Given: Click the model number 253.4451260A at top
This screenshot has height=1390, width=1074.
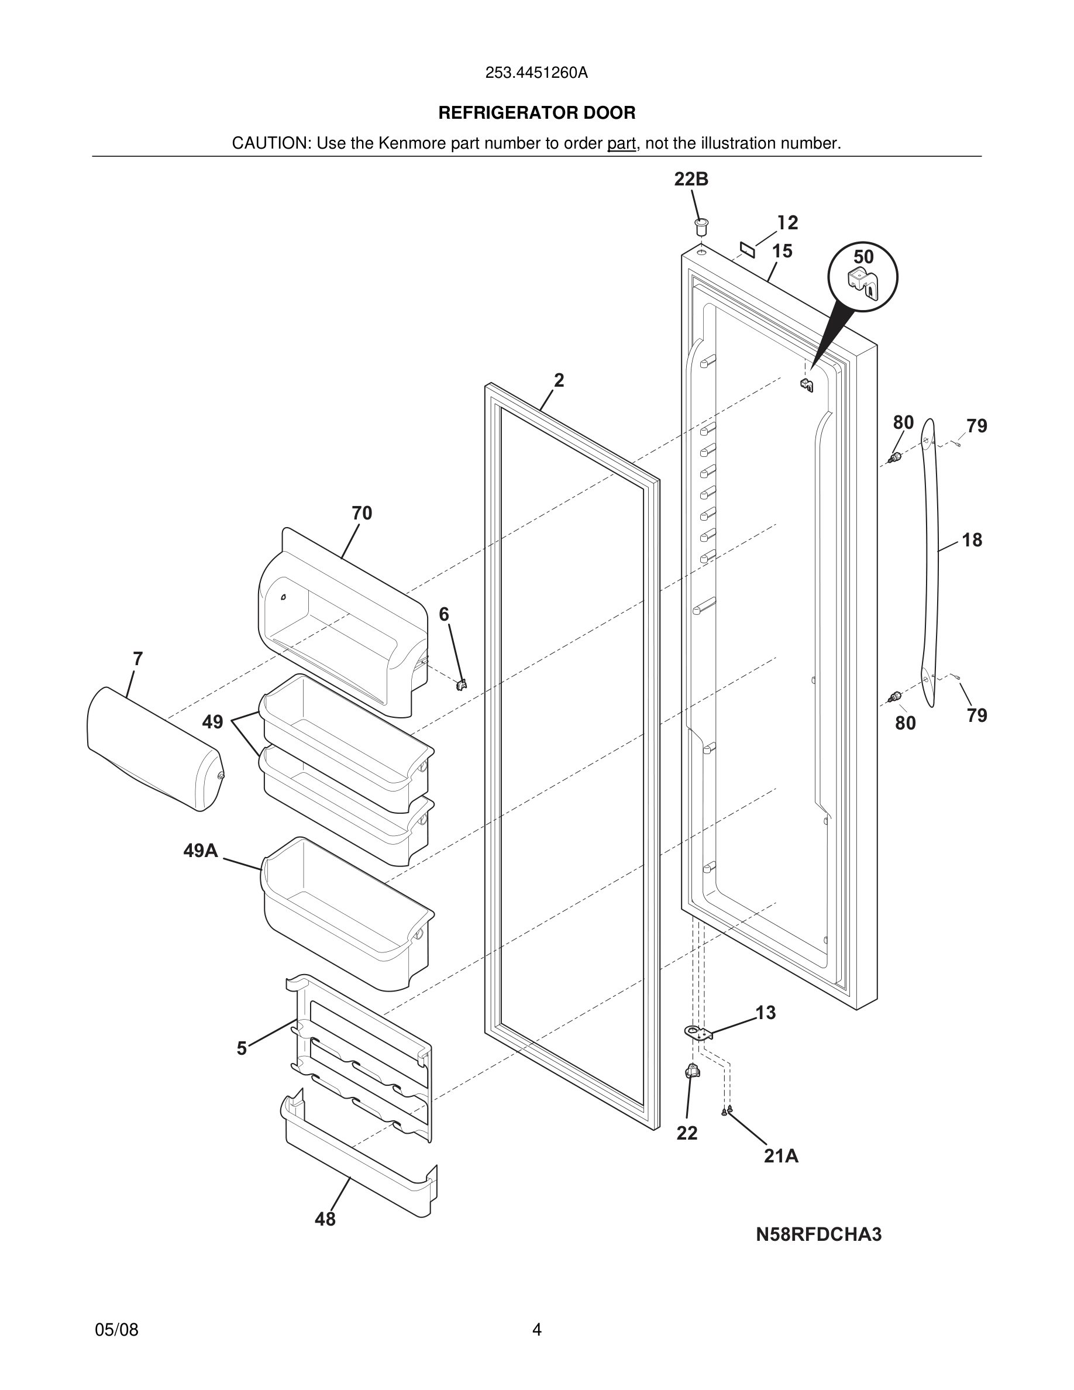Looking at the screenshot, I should pyautogui.click(x=536, y=73).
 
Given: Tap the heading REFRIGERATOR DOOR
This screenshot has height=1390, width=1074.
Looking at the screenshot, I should pyautogui.click(x=536, y=113).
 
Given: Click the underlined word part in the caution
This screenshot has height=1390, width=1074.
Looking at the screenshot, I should pyautogui.click(x=621, y=144).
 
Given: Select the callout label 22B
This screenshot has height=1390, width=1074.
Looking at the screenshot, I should pyautogui.click(x=691, y=180).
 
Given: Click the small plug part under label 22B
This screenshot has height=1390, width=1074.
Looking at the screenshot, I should pyautogui.click(x=702, y=225).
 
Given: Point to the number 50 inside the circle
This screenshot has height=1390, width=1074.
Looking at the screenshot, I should pyautogui.click(x=863, y=257).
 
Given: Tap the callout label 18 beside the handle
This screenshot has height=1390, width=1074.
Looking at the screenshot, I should pyautogui.click(x=972, y=541).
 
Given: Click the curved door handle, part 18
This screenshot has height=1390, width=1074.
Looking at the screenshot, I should pyautogui.click(x=930, y=560).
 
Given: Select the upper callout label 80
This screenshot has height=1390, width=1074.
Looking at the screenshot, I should pyautogui.click(x=903, y=422).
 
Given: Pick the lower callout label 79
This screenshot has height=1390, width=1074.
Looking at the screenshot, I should pyautogui.click(x=977, y=715).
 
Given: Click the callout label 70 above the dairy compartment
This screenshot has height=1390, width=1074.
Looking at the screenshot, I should pyautogui.click(x=362, y=513).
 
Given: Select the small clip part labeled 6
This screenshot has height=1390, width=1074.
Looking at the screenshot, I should pyautogui.click(x=462, y=684).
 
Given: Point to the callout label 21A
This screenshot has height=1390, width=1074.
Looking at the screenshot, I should pyautogui.click(x=781, y=1157).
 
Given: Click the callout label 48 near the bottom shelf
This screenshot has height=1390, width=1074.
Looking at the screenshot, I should pyautogui.click(x=325, y=1219).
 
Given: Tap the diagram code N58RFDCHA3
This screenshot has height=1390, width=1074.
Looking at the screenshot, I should pyautogui.click(x=818, y=1235).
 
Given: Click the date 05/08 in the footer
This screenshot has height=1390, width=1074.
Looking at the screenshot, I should pyautogui.click(x=116, y=1330).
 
